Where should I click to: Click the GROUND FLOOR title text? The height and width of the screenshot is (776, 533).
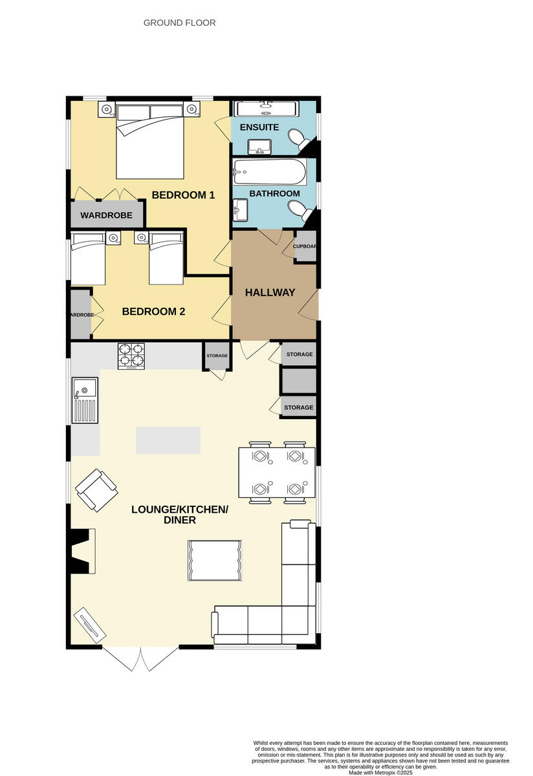[x=179, y=23]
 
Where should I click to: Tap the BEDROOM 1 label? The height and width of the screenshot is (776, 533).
[x=183, y=195]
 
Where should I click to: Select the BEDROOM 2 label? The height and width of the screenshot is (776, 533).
[x=154, y=311]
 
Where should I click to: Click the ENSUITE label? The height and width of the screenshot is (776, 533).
[x=259, y=127]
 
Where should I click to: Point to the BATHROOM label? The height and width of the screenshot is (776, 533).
[x=274, y=193]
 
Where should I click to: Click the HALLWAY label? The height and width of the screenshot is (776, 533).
[x=270, y=292]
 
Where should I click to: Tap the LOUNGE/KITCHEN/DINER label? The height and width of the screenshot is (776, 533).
[x=180, y=514]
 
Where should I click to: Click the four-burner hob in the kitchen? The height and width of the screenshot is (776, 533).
[x=132, y=356]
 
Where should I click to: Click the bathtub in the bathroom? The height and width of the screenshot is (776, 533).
[x=270, y=172]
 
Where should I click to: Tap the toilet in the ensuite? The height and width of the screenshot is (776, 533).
[x=299, y=138]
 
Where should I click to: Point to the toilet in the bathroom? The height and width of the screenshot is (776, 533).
[x=299, y=210]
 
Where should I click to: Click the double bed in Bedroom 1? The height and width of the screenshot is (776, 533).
[x=150, y=140]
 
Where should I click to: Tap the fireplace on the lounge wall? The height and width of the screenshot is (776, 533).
[x=83, y=550]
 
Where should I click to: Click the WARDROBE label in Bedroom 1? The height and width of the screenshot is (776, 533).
[x=106, y=215]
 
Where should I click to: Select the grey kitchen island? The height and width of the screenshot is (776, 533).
[x=168, y=440]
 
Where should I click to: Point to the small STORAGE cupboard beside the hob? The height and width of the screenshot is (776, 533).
[x=217, y=356]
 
